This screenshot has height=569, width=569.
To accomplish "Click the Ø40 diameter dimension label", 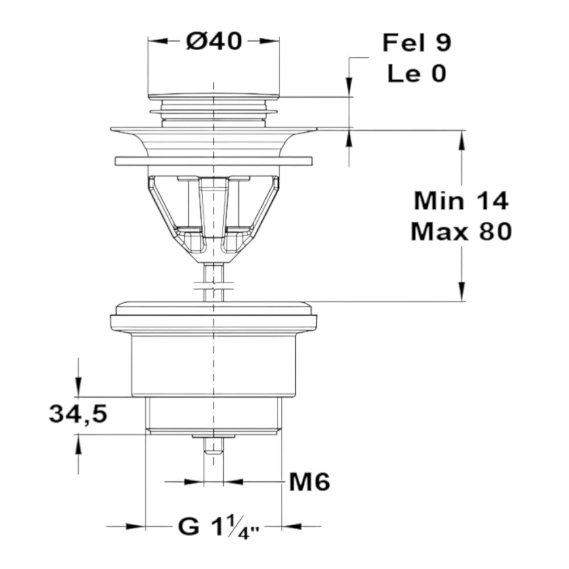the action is [x=214, y=40].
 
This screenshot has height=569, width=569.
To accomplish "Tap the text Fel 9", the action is [x=417, y=43].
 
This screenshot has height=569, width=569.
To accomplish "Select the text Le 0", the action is [x=417, y=73].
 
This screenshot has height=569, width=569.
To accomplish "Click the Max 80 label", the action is [x=461, y=232].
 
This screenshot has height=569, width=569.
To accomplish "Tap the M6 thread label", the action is [x=310, y=482].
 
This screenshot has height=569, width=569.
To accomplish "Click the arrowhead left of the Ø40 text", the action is [x=157, y=41].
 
